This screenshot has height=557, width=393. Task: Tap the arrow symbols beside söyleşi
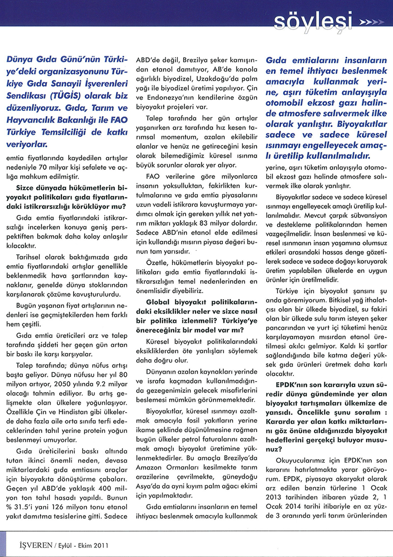coord(371,21)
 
